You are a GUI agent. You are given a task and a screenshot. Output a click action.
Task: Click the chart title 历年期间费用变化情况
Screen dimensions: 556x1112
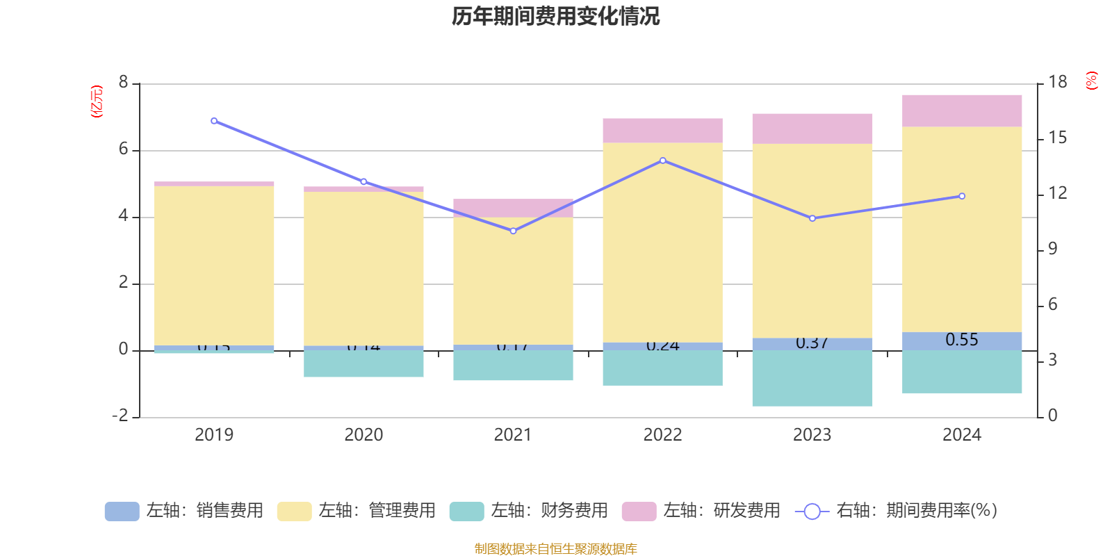point(555,16)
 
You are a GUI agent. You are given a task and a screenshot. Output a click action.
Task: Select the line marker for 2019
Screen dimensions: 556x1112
point(214,121)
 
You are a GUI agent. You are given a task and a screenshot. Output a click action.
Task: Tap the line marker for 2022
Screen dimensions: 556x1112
point(663,161)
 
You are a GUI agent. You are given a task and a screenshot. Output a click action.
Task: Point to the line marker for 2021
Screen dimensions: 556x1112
point(514,231)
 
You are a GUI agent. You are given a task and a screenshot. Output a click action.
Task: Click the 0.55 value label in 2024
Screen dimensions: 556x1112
point(962,340)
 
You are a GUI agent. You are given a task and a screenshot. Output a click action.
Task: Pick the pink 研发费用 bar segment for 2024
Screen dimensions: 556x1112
point(962,111)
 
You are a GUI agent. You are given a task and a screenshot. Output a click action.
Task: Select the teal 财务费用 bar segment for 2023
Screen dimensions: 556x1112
point(812,378)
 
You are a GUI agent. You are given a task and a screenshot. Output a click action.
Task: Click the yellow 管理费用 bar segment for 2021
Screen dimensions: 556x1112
point(514,281)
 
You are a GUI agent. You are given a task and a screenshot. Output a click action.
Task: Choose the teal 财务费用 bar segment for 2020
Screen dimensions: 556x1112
point(363,363)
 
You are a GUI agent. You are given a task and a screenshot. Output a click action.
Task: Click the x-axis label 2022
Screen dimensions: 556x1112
point(663,435)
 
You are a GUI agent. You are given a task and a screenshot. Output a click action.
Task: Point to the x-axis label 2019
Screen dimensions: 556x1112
point(214,435)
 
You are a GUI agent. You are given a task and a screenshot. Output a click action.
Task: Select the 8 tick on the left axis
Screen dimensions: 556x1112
point(124,83)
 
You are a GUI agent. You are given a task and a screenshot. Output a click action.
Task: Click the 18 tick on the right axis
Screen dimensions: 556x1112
point(1058,83)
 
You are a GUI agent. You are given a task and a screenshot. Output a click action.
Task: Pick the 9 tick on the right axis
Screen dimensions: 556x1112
point(1053,249)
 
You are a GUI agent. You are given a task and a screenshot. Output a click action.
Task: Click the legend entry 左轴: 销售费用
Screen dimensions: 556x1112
point(185,511)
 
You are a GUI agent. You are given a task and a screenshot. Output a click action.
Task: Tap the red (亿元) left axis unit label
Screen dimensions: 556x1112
point(97,101)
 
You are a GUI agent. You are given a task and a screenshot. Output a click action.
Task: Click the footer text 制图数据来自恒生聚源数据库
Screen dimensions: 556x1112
point(555,549)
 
